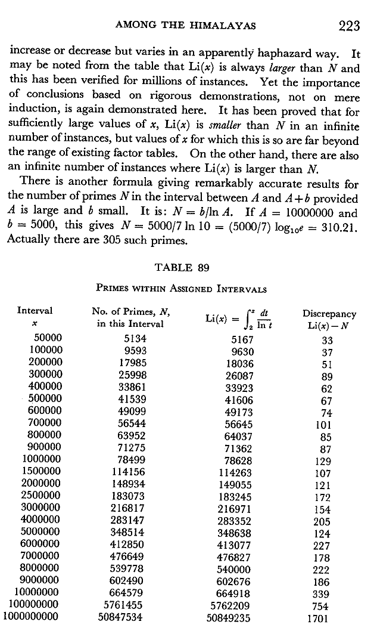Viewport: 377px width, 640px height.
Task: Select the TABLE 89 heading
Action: click(182, 268)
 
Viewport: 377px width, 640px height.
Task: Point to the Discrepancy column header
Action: click(329, 314)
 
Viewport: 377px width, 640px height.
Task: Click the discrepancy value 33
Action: click(326, 339)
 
